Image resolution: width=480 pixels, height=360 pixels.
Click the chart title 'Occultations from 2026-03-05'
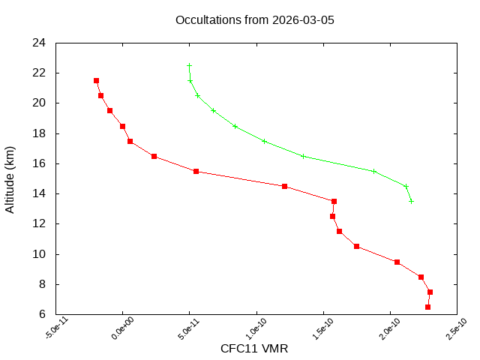pyautogui.click(x=254, y=19)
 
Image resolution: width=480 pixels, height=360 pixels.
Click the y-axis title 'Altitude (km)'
pyautogui.click(x=10, y=178)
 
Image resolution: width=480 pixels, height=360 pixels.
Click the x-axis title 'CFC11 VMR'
pyautogui.click(x=254, y=349)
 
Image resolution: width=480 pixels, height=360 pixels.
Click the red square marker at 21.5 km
pyautogui.click(x=96, y=80)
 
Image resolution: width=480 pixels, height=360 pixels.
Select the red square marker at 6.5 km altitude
pyautogui.click(x=427, y=307)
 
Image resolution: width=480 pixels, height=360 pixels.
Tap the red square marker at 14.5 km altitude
pyautogui.click(x=284, y=186)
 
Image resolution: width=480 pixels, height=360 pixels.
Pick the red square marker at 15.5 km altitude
pyautogui.click(x=196, y=171)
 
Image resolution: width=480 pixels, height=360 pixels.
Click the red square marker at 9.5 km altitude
pyautogui.click(x=397, y=262)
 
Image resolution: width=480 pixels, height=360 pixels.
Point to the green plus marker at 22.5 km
pyautogui.click(x=189, y=65)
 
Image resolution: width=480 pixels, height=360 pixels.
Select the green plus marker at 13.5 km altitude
pyautogui.click(x=411, y=201)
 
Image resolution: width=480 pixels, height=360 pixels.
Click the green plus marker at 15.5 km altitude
pyautogui.click(x=373, y=171)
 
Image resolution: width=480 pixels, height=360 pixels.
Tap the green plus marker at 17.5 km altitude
pyautogui.click(x=264, y=141)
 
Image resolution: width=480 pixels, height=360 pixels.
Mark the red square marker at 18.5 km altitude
pyautogui.click(x=122, y=126)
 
